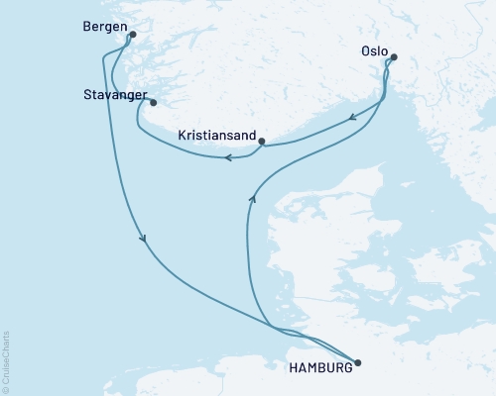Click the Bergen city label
pos(106,29)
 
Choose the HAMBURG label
pos(319,367)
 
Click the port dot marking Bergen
pos(133,36)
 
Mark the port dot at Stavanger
pos(152,102)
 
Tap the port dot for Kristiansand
pos(261,142)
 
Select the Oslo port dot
pos(394,57)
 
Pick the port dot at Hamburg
pos(358,363)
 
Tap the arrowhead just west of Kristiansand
pos(227,156)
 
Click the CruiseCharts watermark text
pos(7,358)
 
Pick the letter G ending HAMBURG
pos(346,367)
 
